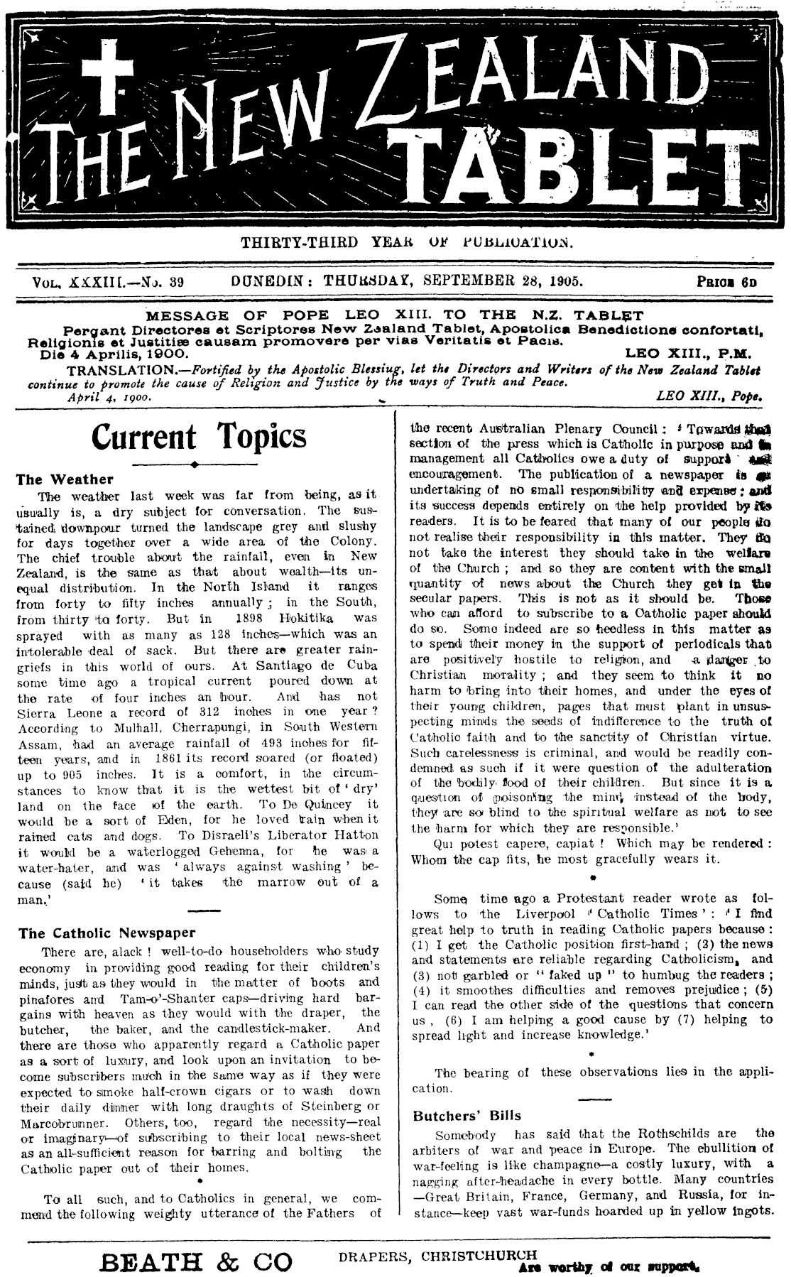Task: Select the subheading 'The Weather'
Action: [x=65, y=479]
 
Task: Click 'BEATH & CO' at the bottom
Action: [x=197, y=1262]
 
